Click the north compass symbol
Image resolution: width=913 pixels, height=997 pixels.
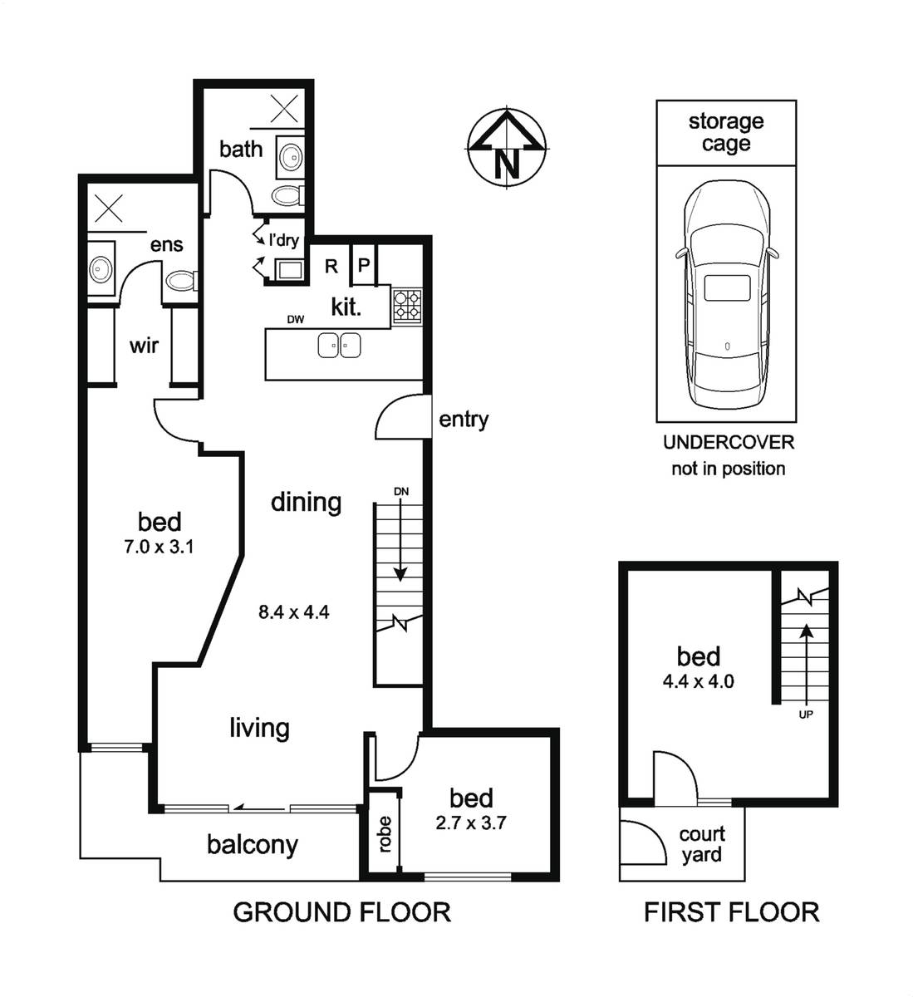point(507,148)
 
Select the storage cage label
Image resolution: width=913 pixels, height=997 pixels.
point(726,133)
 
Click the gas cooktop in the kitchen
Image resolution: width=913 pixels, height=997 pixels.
point(407,307)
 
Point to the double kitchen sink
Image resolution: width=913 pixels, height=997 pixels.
point(339,346)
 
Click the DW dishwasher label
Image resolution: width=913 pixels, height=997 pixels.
point(296,320)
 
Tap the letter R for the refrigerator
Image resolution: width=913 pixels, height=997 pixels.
point(331,267)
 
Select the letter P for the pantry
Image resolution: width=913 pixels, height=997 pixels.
point(364,265)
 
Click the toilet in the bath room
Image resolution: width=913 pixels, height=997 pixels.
point(288,195)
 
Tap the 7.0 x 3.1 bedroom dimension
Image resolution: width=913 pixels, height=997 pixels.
point(159,548)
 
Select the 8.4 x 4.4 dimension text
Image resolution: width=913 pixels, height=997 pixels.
point(294,611)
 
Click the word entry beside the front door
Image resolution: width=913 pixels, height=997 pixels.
point(464,420)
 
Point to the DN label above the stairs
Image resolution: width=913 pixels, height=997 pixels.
point(401,492)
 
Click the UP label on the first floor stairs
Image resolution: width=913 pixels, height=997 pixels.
point(805,715)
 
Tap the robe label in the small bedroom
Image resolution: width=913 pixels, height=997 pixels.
point(385,835)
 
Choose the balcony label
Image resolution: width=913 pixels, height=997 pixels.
point(253,845)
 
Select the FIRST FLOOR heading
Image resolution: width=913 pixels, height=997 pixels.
point(732,912)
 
